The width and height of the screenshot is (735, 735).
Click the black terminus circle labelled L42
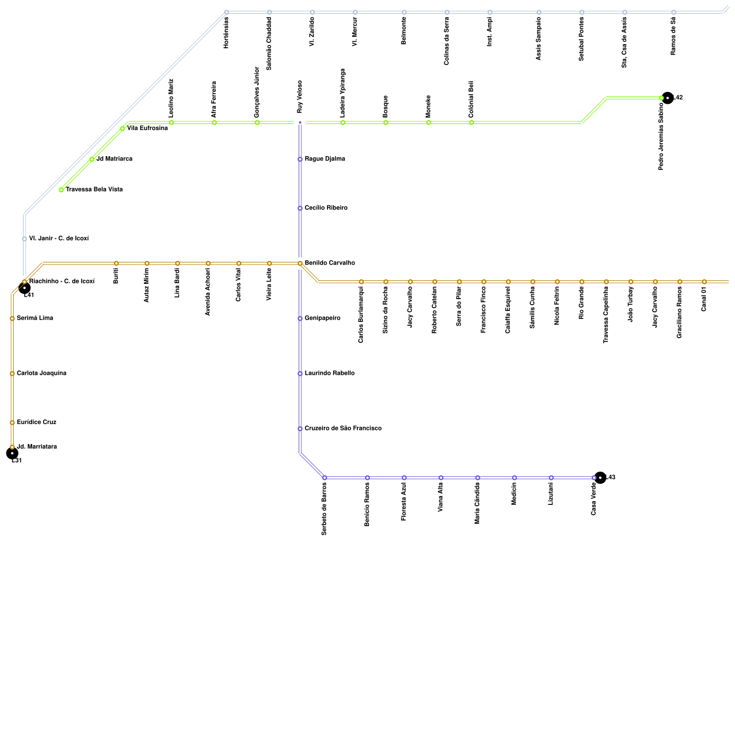(x=667, y=98)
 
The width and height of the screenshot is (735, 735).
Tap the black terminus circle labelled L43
(x=600, y=478)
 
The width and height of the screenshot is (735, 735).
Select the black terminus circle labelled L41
(x=24, y=288)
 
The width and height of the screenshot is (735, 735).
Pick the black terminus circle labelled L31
(x=12, y=453)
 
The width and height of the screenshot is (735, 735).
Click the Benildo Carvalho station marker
(x=300, y=263)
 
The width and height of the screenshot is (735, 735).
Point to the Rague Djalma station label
(x=325, y=159)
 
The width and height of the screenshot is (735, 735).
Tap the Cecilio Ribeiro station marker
(x=300, y=208)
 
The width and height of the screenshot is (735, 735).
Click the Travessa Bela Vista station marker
(x=61, y=190)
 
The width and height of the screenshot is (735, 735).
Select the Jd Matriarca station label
(x=114, y=159)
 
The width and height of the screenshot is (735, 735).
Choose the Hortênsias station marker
(x=226, y=12)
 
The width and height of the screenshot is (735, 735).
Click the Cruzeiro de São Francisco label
(x=343, y=429)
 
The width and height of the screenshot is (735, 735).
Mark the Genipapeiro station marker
(x=300, y=318)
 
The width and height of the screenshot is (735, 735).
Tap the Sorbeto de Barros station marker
(x=324, y=478)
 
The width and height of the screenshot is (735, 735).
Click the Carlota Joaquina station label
(x=41, y=373)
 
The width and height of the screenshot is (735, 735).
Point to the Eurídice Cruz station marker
(x=12, y=423)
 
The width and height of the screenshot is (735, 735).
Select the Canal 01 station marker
(x=704, y=282)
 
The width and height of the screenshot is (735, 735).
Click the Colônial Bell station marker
(x=471, y=123)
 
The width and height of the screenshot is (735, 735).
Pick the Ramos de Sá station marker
(x=673, y=12)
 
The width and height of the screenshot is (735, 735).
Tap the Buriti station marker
(x=116, y=263)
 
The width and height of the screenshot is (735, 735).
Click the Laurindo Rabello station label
(x=329, y=373)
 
